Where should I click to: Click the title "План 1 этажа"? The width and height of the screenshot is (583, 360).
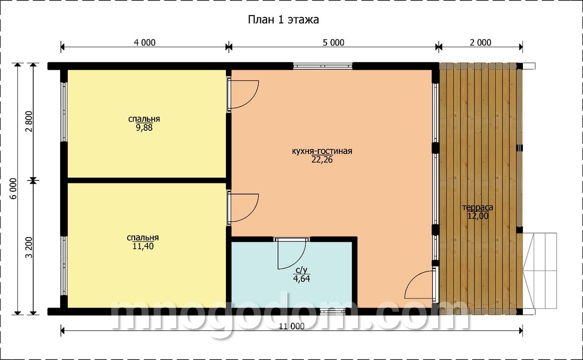click(x=283, y=20)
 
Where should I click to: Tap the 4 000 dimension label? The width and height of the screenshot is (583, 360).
click(x=145, y=42)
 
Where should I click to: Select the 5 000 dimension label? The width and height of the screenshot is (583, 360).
click(x=333, y=42)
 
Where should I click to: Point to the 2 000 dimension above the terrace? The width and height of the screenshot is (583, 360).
click(x=481, y=42)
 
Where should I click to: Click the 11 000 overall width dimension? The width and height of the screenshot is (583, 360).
click(x=292, y=326)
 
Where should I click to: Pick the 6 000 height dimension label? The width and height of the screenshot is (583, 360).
click(x=13, y=189)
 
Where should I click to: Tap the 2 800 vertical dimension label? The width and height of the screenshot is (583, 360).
click(x=29, y=121)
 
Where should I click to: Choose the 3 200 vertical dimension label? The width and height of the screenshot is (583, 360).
click(x=29, y=247)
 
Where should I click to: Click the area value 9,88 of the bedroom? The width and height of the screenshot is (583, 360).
click(x=144, y=128)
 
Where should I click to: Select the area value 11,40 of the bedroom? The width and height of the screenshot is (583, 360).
click(x=143, y=246)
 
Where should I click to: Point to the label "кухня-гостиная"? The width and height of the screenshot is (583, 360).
click(x=322, y=151)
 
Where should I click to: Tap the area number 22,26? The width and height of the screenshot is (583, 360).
click(x=322, y=159)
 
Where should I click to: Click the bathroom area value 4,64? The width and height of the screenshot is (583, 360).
click(x=302, y=279)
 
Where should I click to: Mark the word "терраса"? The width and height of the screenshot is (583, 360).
click(x=478, y=208)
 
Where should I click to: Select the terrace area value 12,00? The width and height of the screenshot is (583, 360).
click(x=478, y=216)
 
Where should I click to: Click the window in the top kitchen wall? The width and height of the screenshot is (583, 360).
click(x=323, y=66)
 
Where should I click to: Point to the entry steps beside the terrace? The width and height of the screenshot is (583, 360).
click(x=539, y=271)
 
